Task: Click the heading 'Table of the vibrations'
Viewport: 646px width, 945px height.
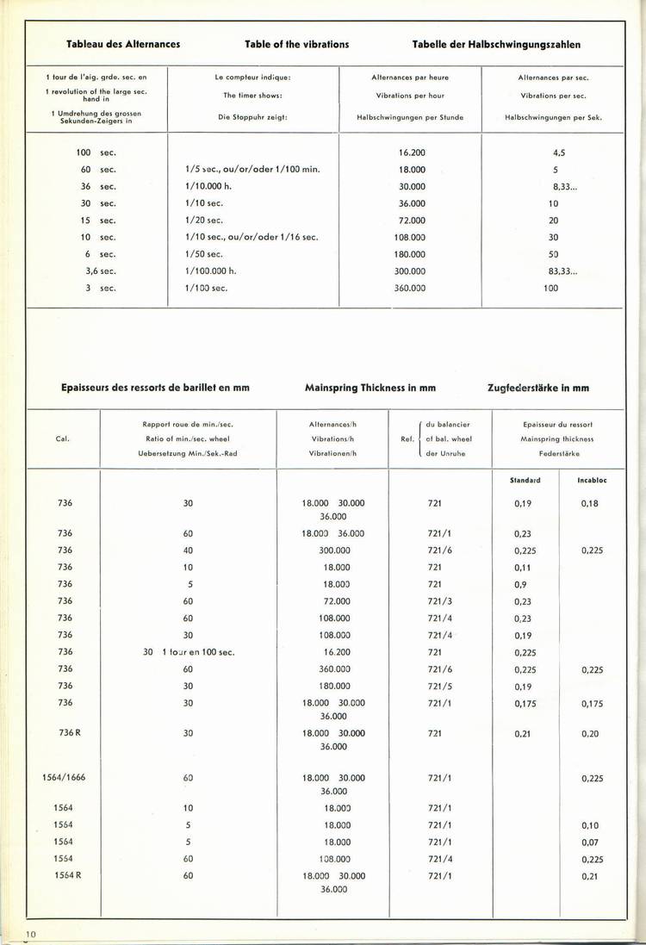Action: coord(296,44)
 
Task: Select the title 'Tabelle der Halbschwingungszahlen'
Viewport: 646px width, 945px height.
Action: coord(496,44)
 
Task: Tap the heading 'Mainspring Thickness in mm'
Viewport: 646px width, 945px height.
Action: coord(370,388)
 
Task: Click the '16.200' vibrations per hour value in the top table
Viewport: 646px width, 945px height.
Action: coord(412,152)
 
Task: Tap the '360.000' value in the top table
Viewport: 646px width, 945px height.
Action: coord(410,288)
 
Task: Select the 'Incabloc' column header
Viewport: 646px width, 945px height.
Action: coord(590,480)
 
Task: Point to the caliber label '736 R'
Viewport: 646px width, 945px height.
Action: coord(65,733)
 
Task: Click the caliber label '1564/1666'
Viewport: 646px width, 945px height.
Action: coord(65,778)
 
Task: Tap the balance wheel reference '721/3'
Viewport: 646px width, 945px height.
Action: coord(439,601)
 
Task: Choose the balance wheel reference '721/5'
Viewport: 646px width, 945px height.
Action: coord(439,686)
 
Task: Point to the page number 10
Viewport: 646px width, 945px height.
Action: coord(30,934)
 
